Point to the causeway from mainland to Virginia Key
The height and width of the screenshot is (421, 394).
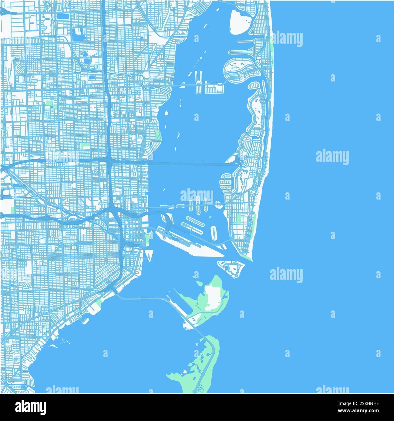coord(143,298)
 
